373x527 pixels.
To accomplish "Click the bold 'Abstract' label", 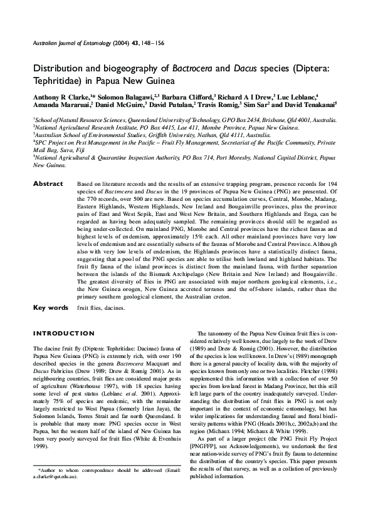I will coord(48,183).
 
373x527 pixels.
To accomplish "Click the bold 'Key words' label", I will coord(50,307).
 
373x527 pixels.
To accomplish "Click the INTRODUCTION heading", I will coord(63,333).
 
